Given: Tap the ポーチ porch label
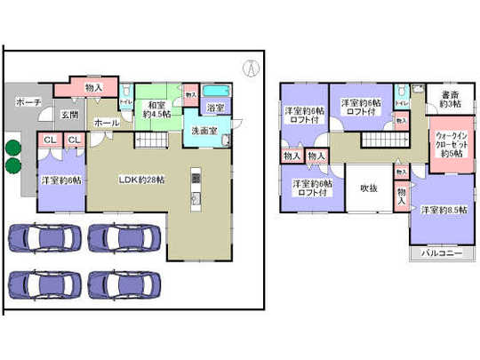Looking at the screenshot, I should coord(28,103).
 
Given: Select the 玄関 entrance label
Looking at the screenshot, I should coord(69,115).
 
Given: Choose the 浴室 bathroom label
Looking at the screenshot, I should coord(215,108).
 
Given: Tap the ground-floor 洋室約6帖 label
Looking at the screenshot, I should coord(60,180).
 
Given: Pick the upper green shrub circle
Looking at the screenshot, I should coord(13,148).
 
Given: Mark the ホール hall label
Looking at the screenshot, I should coord(105,123).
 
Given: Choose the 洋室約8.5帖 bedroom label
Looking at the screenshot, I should coord(439,211).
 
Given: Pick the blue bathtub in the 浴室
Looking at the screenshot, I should coord(216,92).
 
